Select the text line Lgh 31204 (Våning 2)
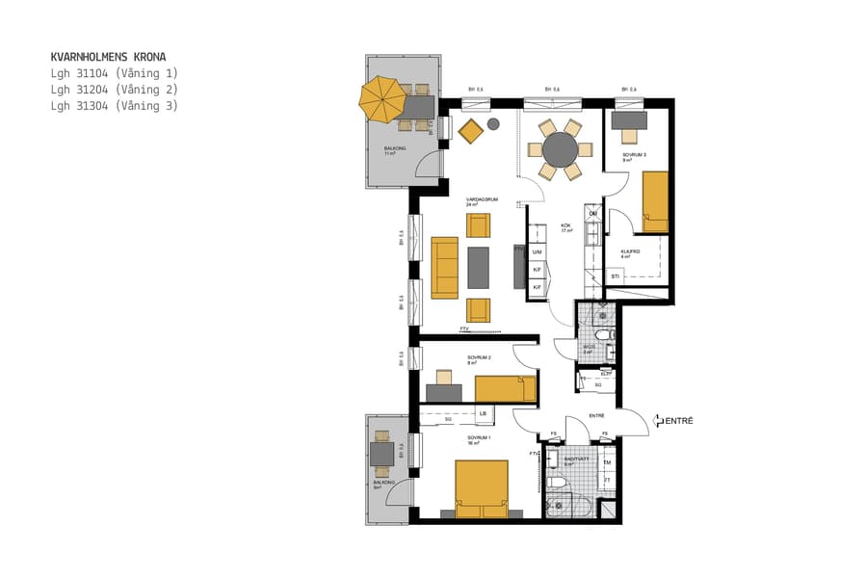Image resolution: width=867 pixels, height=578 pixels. click(x=115, y=90)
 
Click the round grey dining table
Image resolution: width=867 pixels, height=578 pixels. click(x=560, y=150)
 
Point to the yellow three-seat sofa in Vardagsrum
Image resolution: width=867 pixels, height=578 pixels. click(x=445, y=267)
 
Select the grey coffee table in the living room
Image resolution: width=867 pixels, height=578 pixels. click(x=479, y=267)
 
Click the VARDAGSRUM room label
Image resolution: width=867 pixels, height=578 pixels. click(x=482, y=199)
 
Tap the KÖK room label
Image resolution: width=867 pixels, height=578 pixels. click(x=566, y=226)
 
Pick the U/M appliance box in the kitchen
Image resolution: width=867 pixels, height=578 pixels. click(x=537, y=251)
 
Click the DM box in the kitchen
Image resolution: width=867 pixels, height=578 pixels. click(x=593, y=214)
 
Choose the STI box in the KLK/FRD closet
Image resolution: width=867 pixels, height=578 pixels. click(x=616, y=276)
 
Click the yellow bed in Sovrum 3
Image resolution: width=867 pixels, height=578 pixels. click(x=655, y=201)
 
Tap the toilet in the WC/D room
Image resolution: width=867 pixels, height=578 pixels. click(x=603, y=334)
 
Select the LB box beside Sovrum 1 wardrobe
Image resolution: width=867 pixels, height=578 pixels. click(x=483, y=414)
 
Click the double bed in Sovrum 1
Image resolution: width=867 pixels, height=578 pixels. click(x=481, y=488)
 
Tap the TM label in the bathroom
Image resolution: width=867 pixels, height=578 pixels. click(x=607, y=462)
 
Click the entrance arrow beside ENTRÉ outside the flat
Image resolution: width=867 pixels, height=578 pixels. click(x=658, y=421)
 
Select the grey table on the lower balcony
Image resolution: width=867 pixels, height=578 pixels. click(x=383, y=453)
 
